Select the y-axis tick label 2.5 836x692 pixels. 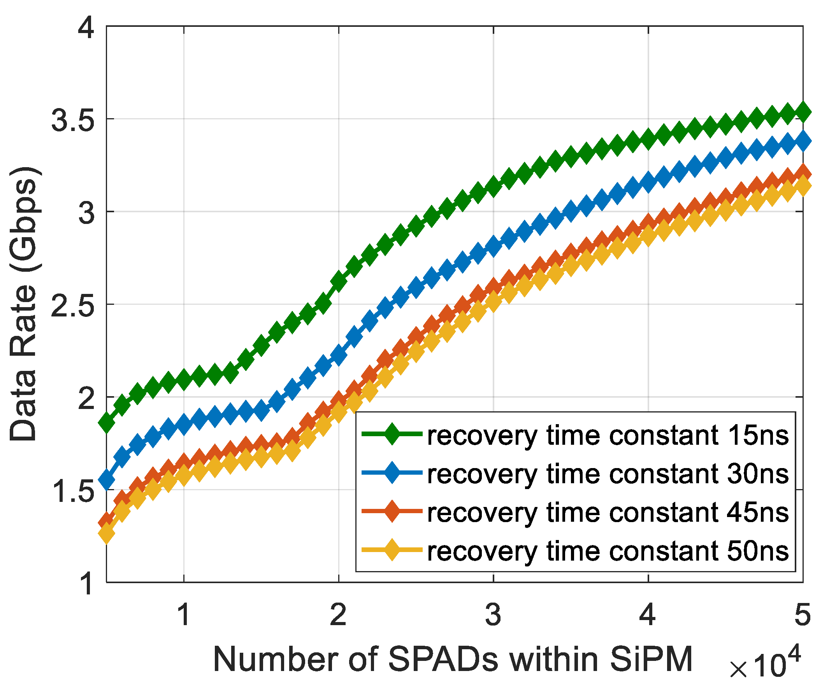click(73, 306)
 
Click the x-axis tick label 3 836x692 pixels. click(493, 615)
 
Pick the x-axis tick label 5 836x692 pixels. click(803, 615)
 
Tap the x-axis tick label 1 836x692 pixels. click(184, 615)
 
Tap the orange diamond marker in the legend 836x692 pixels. click(392, 512)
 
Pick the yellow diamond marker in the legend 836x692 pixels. click(392, 550)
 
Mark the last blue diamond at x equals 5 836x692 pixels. click(803, 141)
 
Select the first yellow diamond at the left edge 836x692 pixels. click(107, 533)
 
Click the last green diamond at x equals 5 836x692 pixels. click(803, 112)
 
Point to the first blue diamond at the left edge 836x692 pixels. click(107, 479)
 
